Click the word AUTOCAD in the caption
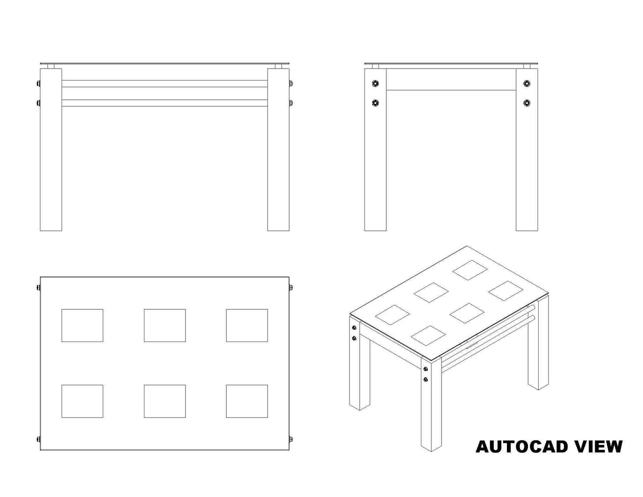click(522, 446)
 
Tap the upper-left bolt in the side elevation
click(375, 84)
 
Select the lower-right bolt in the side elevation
click(527, 103)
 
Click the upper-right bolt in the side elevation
click(527, 84)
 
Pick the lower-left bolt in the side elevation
click(375, 103)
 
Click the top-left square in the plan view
click(82, 325)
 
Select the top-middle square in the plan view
click(165, 325)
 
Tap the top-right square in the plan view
click(247, 325)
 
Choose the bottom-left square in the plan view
click(82, 401)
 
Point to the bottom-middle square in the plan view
click(165, 401)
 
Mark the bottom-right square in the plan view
click(247, 401)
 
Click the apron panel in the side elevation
click(451, 79)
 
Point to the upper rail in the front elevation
click(165, 84)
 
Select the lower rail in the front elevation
click(165, 103)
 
